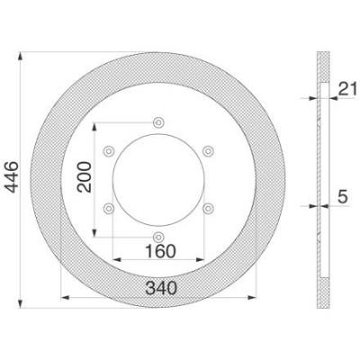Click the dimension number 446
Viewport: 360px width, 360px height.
[13, 177]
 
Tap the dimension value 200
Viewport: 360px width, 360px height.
[85, 177]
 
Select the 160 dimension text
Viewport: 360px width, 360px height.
[160, 251]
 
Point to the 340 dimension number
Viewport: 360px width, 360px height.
[161, 289]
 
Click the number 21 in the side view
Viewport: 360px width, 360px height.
[348, 88]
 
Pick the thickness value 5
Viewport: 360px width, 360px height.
[343, 197]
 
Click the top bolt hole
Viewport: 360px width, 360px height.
[158, 122]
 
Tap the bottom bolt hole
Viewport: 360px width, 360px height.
[158, 237]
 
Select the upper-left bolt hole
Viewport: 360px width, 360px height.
[109, 151]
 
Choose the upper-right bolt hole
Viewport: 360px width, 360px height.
[208, 151]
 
